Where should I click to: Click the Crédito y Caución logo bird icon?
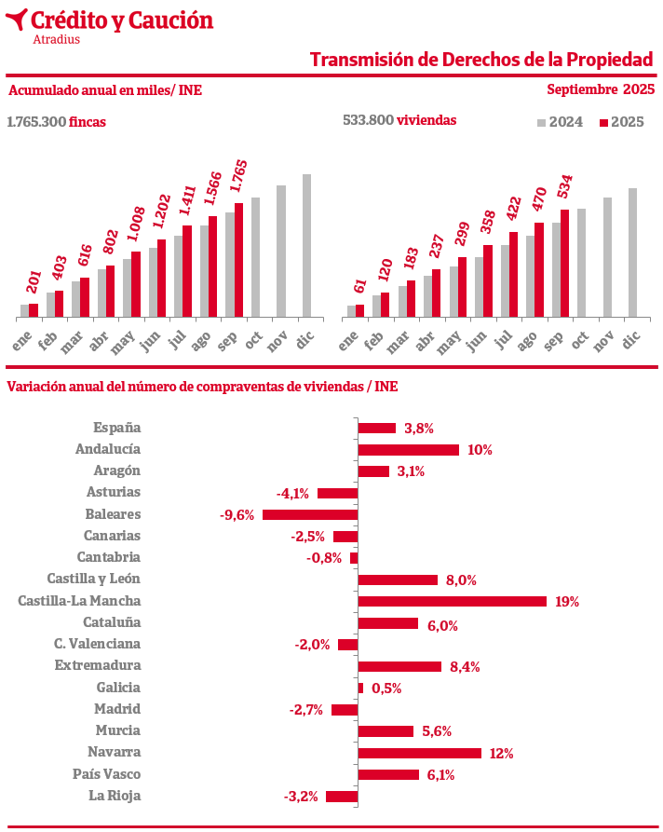tap(16, 20)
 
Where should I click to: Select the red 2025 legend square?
tap(603, 122)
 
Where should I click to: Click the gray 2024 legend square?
tap(542, 122)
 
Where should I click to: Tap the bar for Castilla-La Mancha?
tap(452, 601)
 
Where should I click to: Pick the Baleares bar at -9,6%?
tap(310, 514)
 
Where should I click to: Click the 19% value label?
tap(566, 602)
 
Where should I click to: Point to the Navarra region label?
tap(114, 752)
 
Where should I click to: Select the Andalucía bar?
tap(409, 450)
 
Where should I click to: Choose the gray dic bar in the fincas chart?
tap(306, 245)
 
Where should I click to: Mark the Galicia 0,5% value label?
tap(386, 689)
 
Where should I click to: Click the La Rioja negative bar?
tap(342, 797)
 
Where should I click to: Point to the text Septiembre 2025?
tap(600, 89)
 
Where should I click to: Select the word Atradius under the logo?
tap(56, 39)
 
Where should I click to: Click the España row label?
tap(116, 428)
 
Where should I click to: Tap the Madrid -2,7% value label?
tap(305, 710)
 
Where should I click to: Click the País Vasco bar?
tap(388, 774)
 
